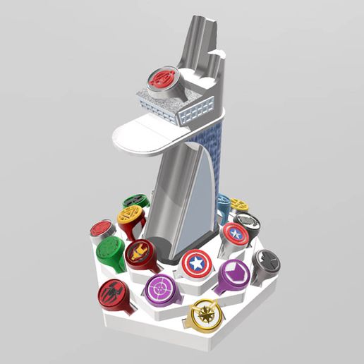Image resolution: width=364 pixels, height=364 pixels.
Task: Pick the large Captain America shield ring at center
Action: point(195,265)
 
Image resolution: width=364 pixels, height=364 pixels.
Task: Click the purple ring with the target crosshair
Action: point(162,289)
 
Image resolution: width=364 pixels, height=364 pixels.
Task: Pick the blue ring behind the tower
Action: point(224,204)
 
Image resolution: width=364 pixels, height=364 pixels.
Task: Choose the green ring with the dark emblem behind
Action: point(134,202)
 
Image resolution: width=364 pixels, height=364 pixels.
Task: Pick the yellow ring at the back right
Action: point(239,205)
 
